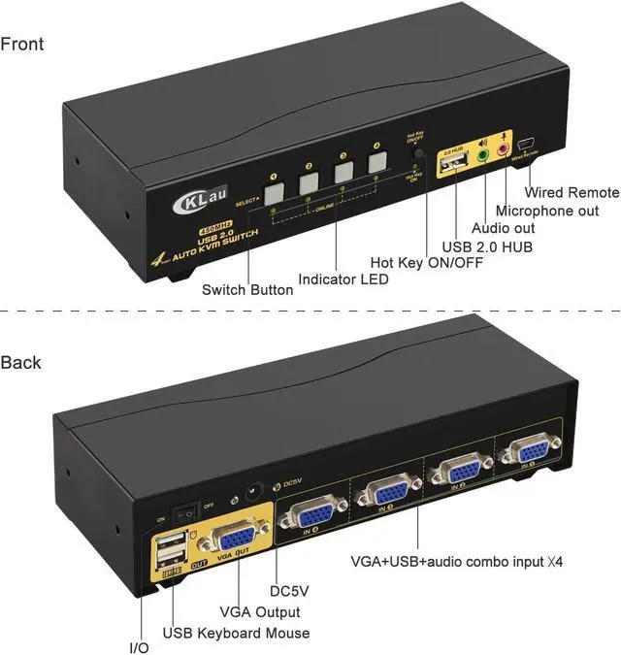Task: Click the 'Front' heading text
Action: coord(22,44)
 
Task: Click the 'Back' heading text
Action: coord(21,362)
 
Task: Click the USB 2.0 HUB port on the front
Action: coord(453,167)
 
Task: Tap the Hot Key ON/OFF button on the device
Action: coord(418,153)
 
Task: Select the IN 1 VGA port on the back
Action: coord(306,513)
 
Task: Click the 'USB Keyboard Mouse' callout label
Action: coord(236,633)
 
